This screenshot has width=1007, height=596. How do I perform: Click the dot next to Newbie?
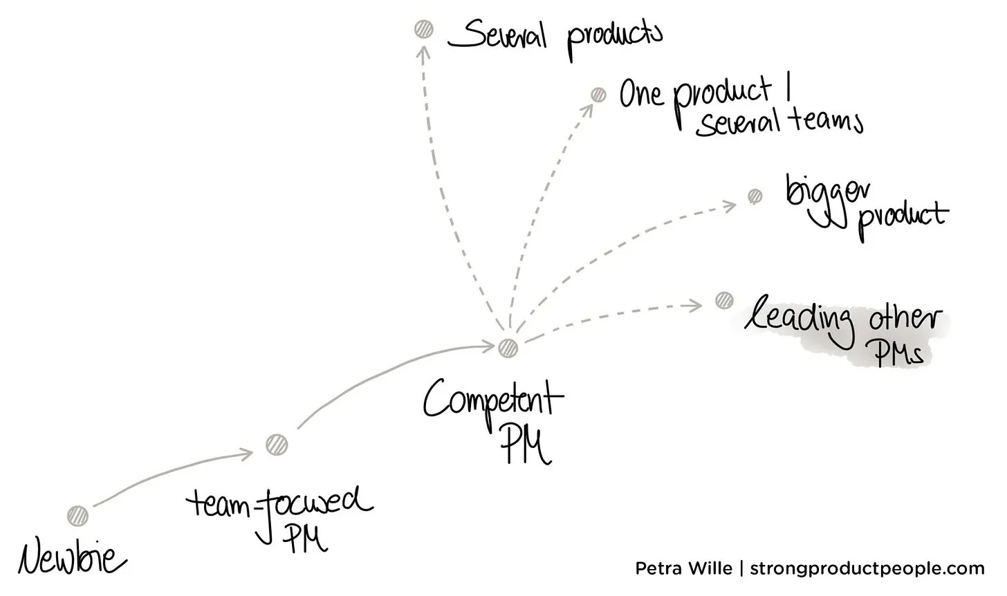point(78,516)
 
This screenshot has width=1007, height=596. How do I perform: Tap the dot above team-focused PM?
point(277,444)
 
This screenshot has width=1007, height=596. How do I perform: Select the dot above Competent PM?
point(508,347)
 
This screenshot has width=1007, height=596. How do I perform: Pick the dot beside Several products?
point(423,29)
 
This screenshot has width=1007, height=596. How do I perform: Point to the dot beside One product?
point(598,95)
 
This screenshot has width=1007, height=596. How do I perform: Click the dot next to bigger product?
point(755,196)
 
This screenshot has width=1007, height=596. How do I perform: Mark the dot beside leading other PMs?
point(723,300)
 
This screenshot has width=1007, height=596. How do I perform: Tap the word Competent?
point(492,400)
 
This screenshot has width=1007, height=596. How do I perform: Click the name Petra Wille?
point(683,569)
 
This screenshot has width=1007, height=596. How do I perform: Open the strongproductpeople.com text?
point(867,569)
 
